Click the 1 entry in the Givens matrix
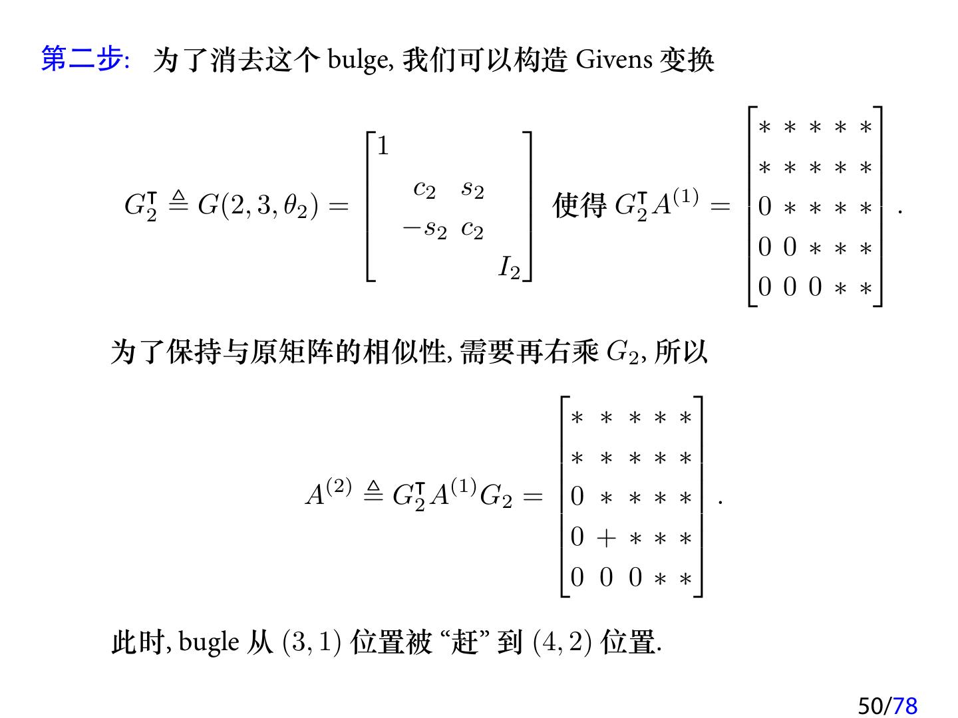tap(383, 146)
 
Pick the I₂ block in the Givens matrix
tap(510, 268)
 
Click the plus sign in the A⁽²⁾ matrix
tap(606, 538)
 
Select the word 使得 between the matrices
tap(579, 206)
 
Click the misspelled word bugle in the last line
tap(209, 642)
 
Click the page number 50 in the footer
tap(870, 705)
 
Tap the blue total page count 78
tap(905, 705)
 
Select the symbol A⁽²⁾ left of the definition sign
tap(327, 494)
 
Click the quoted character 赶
tap(464, 642)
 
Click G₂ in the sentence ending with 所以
tap(623, 352)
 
